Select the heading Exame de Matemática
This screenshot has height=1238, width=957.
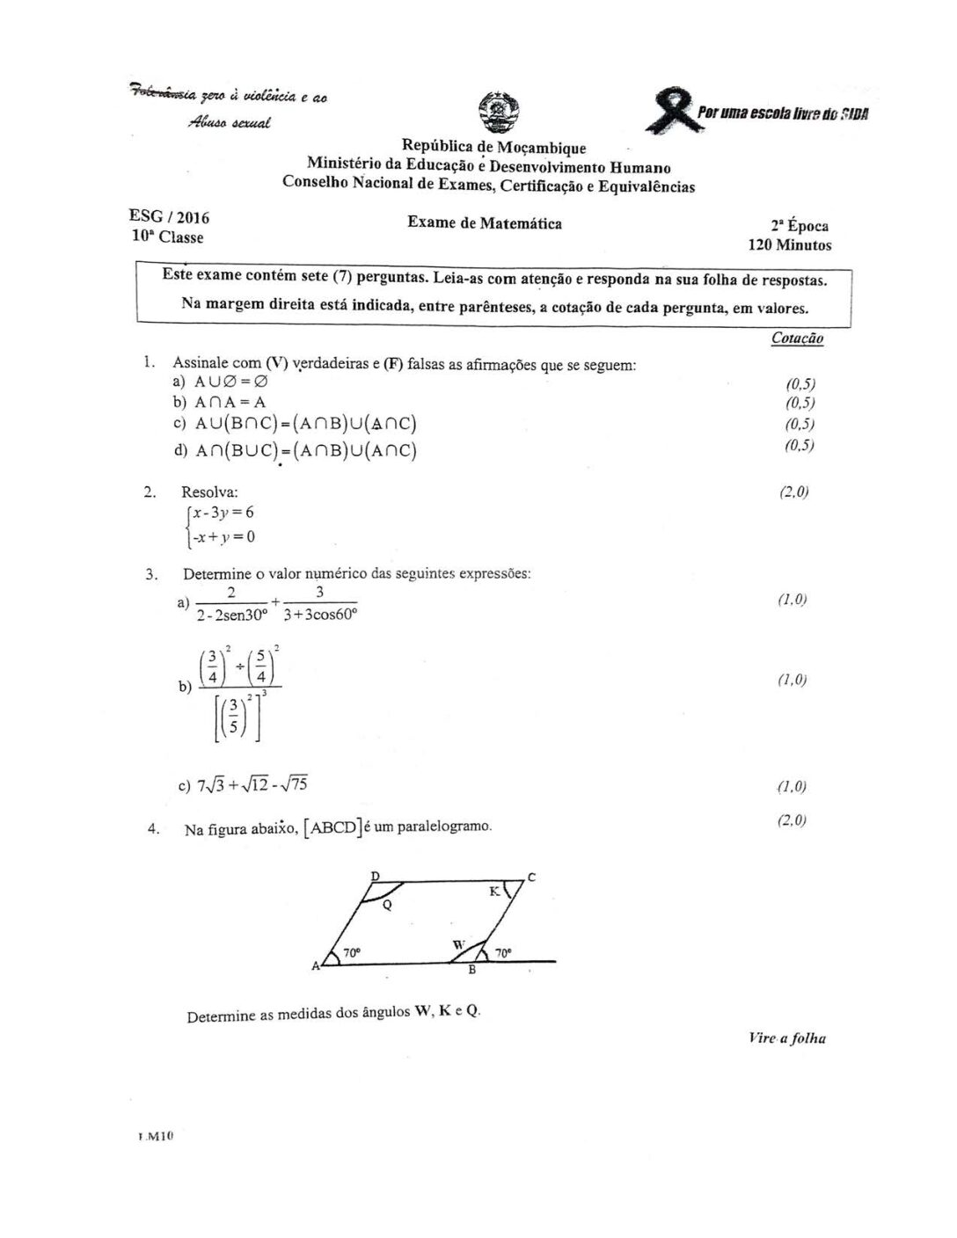tap(485, 223)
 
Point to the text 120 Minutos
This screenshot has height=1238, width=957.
tap(789, 245)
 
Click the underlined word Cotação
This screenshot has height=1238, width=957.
tap(797, 338)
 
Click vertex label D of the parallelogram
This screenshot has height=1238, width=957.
tap(375, 876)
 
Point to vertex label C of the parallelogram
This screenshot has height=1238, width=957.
tap(531, 877)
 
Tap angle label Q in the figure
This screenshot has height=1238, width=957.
tap(387, 904)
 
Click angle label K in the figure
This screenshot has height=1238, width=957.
tap(494, 892)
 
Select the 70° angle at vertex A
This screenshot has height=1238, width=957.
tap(351, 952)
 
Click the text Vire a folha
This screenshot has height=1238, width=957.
tap(787, 1038)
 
